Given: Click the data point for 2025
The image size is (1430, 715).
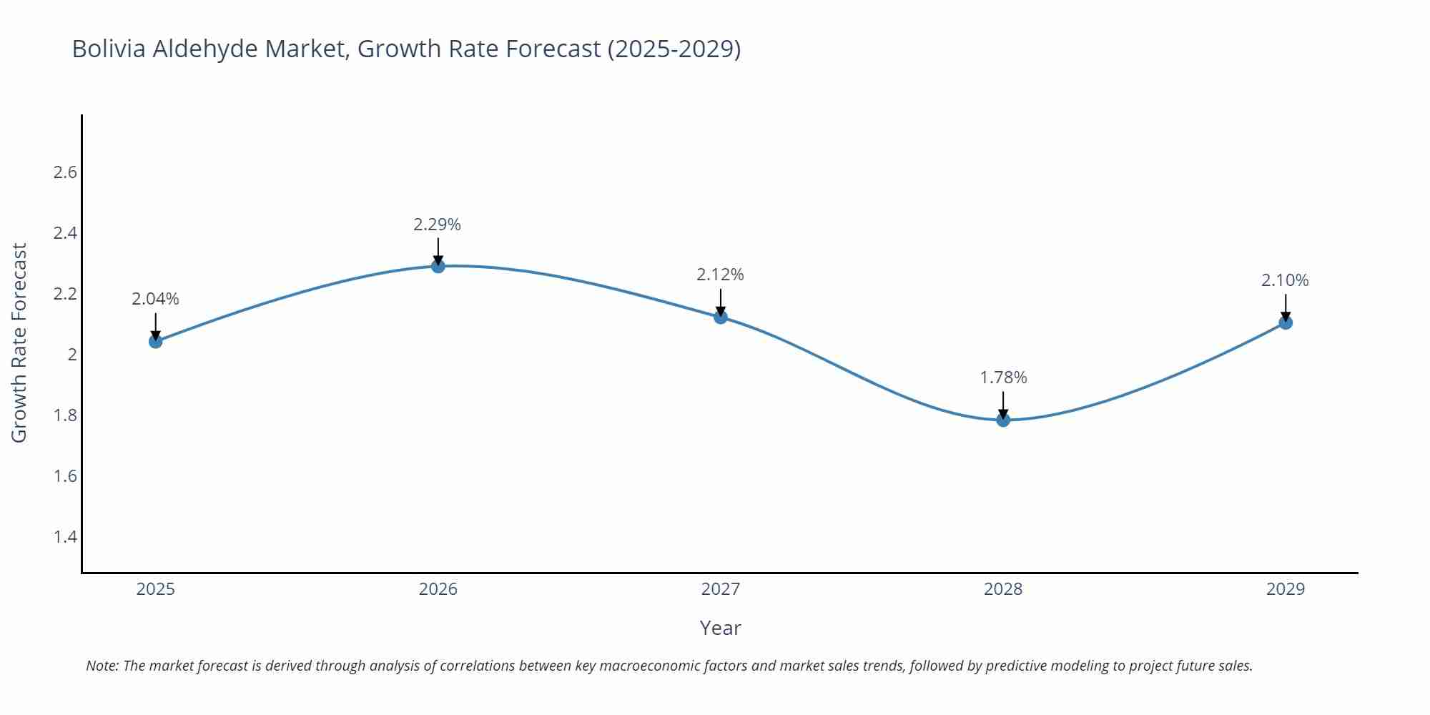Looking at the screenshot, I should pyautogui.click(x=155, y=341).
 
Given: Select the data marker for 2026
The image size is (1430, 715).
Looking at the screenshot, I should pyautogui.click(x=438, y=266).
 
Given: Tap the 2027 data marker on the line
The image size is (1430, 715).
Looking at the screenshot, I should pyautogui.click(x=721, y=317).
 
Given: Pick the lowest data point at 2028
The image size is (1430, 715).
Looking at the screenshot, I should pyautogui.click(x=1003, y=420).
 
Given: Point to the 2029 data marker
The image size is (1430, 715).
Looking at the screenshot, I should pyautogui.click(x=1286, y=322).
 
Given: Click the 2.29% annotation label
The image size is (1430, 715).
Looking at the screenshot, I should pyautogui.click(x=437, y=225).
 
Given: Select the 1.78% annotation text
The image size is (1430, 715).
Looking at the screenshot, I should pyautogui.click(x=1003, y=378).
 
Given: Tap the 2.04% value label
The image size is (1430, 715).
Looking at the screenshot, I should pyautogui.click(x=155, y=299).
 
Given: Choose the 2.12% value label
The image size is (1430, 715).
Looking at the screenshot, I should pyautogui.click(x=720, y=275).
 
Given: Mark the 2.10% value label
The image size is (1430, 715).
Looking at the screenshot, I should pyautogui.click(x=1285, y=280).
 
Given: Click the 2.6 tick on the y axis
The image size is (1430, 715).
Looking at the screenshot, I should pyautogui.click(x=65, y=172).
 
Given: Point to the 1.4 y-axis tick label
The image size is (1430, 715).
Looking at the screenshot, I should pyautogui.click(x=65, y=537).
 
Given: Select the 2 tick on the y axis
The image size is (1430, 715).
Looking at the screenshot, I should pyautogui.click(x=71, y=355).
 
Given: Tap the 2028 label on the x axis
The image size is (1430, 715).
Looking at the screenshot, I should pyautogui.click(x=1003, y=589).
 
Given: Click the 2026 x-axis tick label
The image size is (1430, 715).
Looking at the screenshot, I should pyautogui.click(x=438, y=589).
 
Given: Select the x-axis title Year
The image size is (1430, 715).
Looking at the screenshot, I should pyautogui.click(x=720, y=628).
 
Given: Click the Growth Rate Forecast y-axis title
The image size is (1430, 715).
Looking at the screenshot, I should pyautogui.click(x=19, y=342).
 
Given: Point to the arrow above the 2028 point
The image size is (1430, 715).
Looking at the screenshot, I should pyautogui.click(x=1003, y=405).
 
